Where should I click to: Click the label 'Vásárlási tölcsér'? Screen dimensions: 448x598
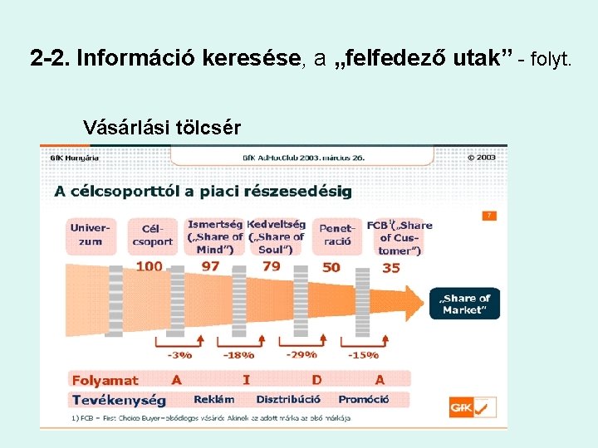pyautogui.click(x=162, y=128)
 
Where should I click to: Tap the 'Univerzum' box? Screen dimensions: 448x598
pyautogui.click(x=90, y=234)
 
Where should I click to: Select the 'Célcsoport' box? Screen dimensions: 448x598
pyautogui.click(x=152, y=234)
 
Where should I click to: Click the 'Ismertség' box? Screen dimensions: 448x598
pyautogui.click(x=215, y=236)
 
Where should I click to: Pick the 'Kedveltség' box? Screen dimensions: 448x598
pyautogui.click(x=277, y=236)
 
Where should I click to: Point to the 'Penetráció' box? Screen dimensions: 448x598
pyautogui.click(x=337, y=234)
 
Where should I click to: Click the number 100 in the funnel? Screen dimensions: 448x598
pyautogui.click(x=149, y=266)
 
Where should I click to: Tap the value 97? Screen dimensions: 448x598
pyautogui.click(x=210, y=266)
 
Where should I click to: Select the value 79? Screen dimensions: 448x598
pyautogui.click(x=271, y=266)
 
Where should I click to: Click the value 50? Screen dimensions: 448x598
pyautogui.click(x=331, y=267)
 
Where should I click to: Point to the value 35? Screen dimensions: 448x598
pyautogui.click(x=390, y=267)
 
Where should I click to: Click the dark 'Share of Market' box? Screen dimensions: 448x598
pyautogui.click(x=465, y=304)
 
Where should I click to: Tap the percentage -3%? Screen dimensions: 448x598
pyautogui.click(x=179, y=355)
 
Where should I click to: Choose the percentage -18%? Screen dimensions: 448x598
pyautogui.click(x=238, y=355)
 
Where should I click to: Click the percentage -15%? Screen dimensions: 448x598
pyautogui.click(x=362, y=355)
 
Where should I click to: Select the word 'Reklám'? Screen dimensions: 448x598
pyautogui.click(x=213, y=400)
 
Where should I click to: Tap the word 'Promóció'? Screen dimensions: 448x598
pyautogui.click(x=363, y=400)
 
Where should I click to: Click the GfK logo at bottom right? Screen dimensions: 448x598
pyautogui.click(x=472, y=407)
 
